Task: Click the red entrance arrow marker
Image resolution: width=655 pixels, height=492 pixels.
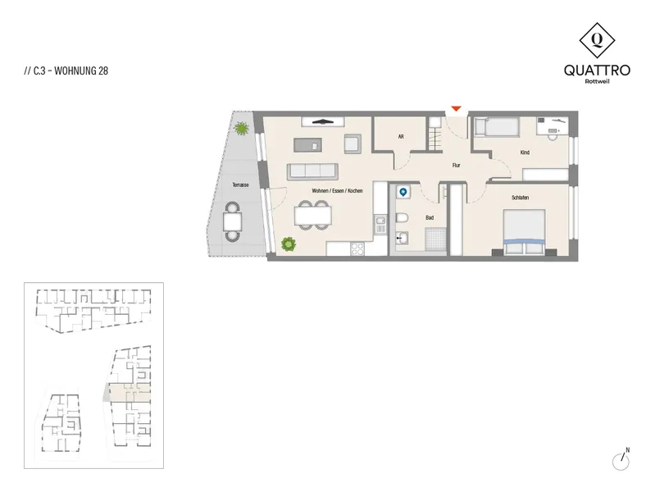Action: tap(456, 109)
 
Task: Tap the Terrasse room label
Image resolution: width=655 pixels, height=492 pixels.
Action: tap(241, 184)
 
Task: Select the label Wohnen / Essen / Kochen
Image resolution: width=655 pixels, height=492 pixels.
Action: tap(337, 190)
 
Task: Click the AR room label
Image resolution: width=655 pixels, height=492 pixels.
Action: tap(401, 137)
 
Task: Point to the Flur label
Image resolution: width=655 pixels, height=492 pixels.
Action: tap(456, 166)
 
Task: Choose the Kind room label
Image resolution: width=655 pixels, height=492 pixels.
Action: tap(525, 153)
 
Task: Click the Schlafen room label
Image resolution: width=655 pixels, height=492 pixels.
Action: tap(520, 198)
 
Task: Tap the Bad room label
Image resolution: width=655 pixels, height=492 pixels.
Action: tap(430, 217)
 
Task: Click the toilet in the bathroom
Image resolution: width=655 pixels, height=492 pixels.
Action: tap(402, 218)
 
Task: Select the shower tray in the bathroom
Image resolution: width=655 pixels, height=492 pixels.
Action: tap(435, 239)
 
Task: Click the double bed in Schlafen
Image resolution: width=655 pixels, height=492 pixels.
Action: tap(525, 232)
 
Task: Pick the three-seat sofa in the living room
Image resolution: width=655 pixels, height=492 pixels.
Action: tap(312, 171)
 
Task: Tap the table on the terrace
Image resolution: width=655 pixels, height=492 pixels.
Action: tap(232, 222)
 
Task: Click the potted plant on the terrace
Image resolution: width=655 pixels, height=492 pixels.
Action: tap(242, 128)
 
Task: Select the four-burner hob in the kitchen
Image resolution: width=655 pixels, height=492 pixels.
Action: tap(357, 248)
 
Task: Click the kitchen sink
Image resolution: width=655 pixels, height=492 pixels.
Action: tap(380, 224)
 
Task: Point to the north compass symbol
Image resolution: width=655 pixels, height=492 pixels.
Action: tap(621, 459)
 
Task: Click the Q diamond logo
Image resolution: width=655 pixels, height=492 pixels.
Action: tap(597, 40)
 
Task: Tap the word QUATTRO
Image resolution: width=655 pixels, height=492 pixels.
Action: tap(597, 70)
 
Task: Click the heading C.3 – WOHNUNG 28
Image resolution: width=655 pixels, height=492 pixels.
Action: tap(66, 71)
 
